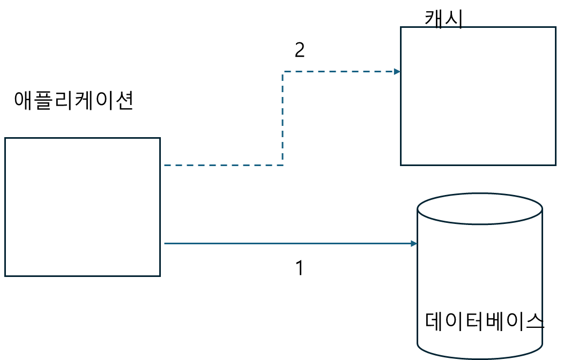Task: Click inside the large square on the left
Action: click(83, 207)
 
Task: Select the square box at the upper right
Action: click(478, 96)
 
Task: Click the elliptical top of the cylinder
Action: click(480, 208)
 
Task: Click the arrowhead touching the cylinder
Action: click(414, 243)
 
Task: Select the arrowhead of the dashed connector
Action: click(397, 71)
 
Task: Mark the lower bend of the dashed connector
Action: click(283, 165)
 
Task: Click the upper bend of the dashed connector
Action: click(283, 71)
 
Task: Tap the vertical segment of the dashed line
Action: click(283, 118)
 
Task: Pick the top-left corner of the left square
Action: click(5, 138)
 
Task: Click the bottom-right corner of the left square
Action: click(160, 276)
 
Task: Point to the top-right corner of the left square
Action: click(160, 138)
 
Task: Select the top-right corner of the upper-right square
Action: click(555, 27)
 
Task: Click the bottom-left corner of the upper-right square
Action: click(401, 165)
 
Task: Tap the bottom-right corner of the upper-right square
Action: click(555, 165)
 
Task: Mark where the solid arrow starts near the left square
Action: click(165, 243)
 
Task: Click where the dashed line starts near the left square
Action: click(165, 165)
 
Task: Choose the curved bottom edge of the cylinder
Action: click(480, 358)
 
